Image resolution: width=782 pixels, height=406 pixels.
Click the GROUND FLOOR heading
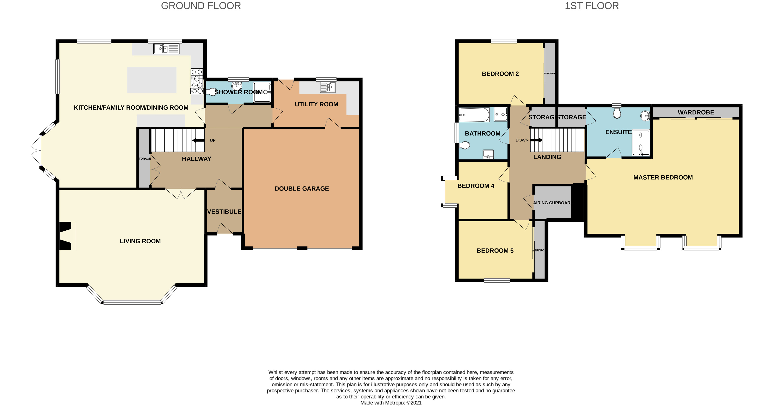point(201,6)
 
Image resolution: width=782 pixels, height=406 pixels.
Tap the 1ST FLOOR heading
point(591,6)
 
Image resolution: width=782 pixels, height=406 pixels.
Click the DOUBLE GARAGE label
point(301,189)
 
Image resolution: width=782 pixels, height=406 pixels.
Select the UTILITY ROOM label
point(316,104)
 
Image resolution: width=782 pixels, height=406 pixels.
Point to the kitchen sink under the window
point(166,49)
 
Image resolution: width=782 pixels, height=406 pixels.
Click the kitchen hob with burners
point(197,81)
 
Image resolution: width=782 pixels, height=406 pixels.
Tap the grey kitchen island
point(152,80)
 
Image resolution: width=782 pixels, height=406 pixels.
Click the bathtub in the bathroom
point(474,115)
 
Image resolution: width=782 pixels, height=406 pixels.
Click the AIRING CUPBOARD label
point(552,203)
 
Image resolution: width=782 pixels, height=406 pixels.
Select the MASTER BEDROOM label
point(663,177)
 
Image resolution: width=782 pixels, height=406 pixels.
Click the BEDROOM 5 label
point(495,250)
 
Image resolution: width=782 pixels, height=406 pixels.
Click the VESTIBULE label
point(224,211)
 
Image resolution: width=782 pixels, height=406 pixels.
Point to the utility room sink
point(328,87)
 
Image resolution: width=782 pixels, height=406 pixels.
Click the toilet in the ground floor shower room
point(212,92)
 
